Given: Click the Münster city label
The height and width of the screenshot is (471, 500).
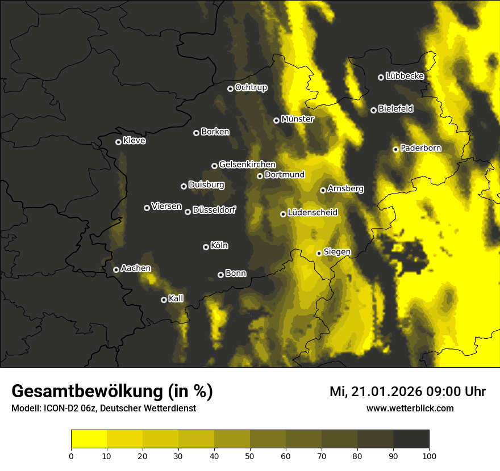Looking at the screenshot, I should (x=297, y=119).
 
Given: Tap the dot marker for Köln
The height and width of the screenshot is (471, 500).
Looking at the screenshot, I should (x=206, y=247).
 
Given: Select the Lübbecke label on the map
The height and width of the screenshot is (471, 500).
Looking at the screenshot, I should (x=405, y=76).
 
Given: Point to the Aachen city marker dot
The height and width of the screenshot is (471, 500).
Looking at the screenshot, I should (x=116, y=270).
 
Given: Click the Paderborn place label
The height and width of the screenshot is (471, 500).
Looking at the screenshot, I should (x=420, y=148).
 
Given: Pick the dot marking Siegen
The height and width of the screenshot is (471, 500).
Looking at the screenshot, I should (x=319, y=253).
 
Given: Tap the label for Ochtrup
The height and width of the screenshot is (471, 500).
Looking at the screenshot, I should (x=251, y=87).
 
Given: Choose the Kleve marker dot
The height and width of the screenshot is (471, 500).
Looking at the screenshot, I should (x=118, y=142).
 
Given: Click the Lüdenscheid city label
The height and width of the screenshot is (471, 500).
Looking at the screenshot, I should (x=312, y=213).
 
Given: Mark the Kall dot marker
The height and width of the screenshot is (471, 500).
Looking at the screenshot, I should (x=164, y=300).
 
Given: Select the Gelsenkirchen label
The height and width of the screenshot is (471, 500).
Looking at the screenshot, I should (x=247, y=165).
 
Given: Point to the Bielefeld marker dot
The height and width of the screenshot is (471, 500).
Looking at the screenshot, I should (x=373, y=110).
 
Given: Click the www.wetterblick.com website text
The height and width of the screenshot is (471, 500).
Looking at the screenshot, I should (x=410, y=408).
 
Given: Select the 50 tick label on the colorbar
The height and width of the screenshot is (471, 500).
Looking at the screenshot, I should (x=250, y=455).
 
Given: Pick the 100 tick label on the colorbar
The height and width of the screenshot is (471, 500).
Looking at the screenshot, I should (x=429, y=455).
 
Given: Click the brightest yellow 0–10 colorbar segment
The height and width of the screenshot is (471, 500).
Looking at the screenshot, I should (x=89, y=439).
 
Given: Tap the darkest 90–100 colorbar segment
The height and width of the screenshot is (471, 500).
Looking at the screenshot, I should (x=411, y=439).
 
